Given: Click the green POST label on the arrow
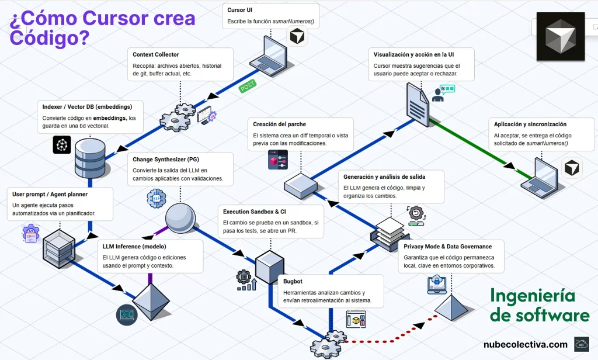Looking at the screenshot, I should click(x=248, y=86).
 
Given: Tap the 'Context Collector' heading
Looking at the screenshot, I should click(x=156, y=54).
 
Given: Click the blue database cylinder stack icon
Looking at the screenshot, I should click(x=91, y=157).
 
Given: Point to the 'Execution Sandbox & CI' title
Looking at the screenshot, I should click(x=255, y=212).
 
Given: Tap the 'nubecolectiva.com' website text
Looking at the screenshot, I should click(x=525, y=344).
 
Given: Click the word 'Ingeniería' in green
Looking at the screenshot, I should click(x=532, y=296).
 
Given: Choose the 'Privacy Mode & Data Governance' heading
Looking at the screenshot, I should click(x=447, y=247).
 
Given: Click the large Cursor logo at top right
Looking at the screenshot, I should click(x=560, y=36).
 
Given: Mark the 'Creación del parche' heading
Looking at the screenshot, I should click(x=279, y=124).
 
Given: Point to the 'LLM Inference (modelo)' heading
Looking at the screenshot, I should click(x=133, y=247).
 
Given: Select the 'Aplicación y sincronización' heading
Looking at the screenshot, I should click(x=530, y=124).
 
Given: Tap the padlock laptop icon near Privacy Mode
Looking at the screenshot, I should click(x=436, y=284).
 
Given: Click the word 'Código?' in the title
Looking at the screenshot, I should click(x=49, y=37).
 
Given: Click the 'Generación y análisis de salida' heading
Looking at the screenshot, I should click(x=384, y=176).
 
